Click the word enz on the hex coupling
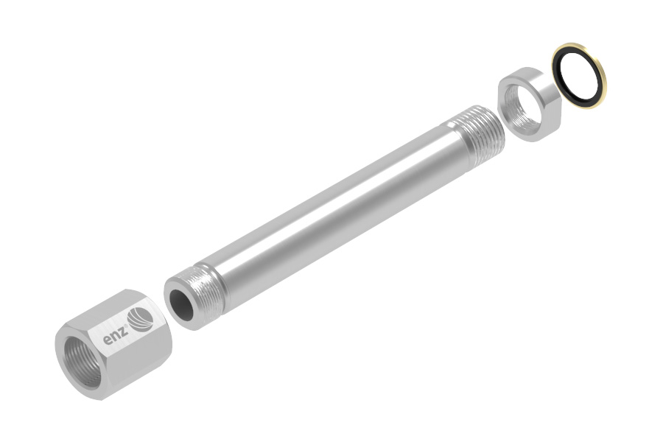click(x=116, y=337)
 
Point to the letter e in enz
click(x=108, y=340)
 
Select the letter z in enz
click(x=123, y=333)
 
